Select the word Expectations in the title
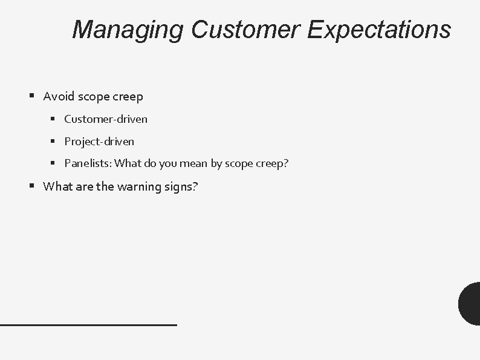coord(379,29)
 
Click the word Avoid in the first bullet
coord(58,96)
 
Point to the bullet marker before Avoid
coord(31,96)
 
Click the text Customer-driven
coord(106,119)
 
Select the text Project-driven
coord(99,142)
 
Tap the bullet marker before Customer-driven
coord(53,119)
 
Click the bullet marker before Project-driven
coord(53,141)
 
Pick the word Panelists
coord(88,163)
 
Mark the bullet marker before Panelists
coord(53,163)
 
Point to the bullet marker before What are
coord(31,186)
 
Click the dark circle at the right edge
coord(470,304)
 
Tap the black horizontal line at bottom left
coord(88,325)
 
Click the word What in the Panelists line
coord(127,163)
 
